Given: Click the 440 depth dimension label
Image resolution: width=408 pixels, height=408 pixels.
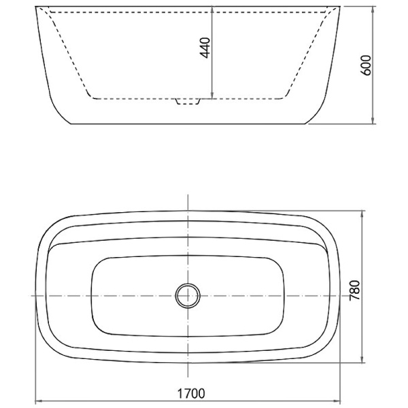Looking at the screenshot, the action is tap(205, 48).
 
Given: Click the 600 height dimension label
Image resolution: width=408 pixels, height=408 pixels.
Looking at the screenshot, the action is tap(366, 65).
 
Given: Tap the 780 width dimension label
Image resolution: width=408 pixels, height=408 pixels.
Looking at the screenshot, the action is tap(354, 290).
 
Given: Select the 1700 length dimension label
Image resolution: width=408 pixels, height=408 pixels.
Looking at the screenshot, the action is tap(191, 394).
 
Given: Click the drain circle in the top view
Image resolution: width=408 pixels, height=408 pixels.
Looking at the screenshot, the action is tap(188, 296).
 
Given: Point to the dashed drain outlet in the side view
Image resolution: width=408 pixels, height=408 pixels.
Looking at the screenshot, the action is tap(188, 101).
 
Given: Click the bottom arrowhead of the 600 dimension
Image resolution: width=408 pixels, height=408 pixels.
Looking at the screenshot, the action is tap(373, 120).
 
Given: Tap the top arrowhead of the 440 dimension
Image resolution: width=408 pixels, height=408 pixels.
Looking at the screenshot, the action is tap(212, 9).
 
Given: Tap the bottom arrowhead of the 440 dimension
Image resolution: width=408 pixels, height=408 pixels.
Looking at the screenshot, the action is tap(212, 95).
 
